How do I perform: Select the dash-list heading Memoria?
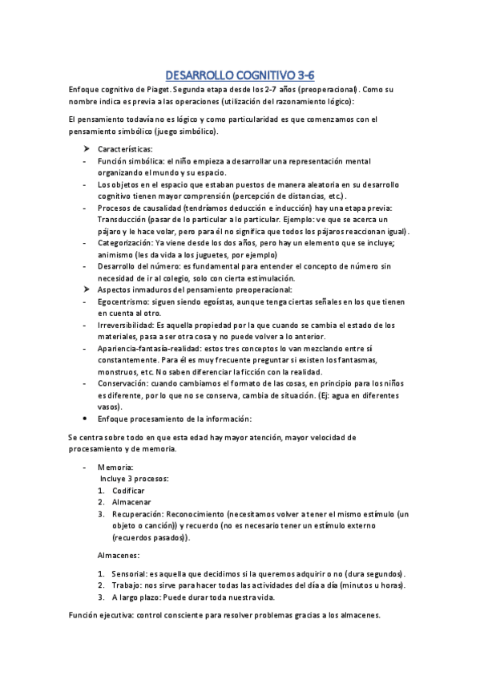pos(115,466)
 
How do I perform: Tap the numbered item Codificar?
pos(128,490)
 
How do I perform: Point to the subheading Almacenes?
pos(119,555)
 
